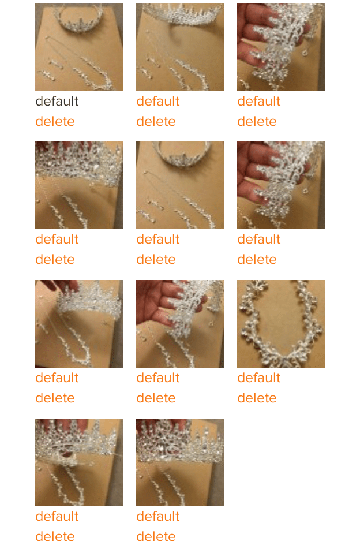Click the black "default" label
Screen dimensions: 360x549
57,101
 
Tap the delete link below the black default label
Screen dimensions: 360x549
55,121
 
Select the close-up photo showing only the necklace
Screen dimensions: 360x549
281,323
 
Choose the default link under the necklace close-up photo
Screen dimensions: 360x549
259,378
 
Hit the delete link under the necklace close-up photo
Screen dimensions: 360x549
257,398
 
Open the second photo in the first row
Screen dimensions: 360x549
180,47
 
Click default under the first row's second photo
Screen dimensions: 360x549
157,101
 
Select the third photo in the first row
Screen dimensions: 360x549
281,47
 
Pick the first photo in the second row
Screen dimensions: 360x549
79,185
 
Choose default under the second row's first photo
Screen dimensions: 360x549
57,239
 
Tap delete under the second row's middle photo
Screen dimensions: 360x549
156,259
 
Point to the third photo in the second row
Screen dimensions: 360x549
281,185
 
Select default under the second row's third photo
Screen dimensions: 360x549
259,239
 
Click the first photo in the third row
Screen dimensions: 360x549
79,323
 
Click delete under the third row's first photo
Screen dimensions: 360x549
55,398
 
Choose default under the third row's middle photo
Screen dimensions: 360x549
157,378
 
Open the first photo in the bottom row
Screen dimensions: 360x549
79,462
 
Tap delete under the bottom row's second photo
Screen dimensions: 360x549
156,536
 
